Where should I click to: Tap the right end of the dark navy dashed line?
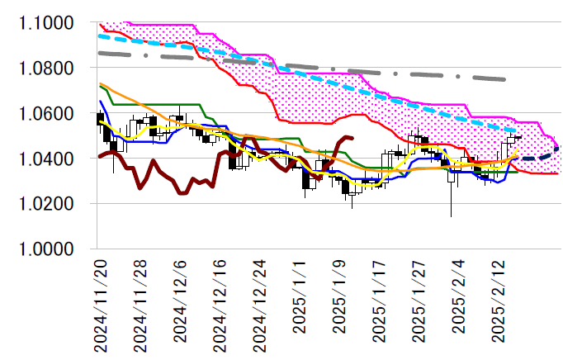click(x=559, y=147)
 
